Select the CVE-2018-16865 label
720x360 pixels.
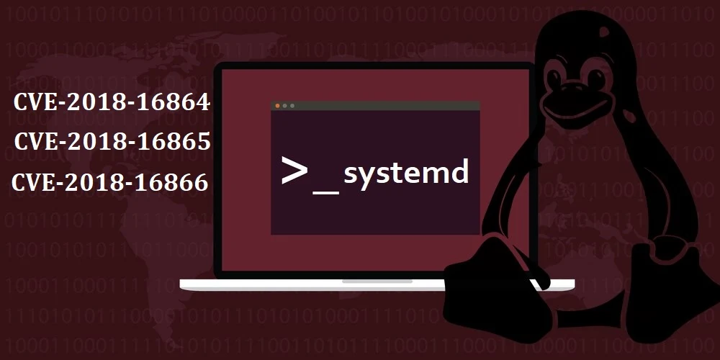click(112, 142)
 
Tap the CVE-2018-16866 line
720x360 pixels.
click(110, 183)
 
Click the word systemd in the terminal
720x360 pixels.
click(406, 174)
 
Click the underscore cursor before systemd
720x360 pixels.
click(325, 189)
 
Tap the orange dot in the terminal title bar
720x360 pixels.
click(278, 106)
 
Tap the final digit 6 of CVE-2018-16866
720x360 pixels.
click(202, 183)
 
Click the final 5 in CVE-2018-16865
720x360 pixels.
click(204, 142)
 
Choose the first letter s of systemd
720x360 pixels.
click(351, 175)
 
